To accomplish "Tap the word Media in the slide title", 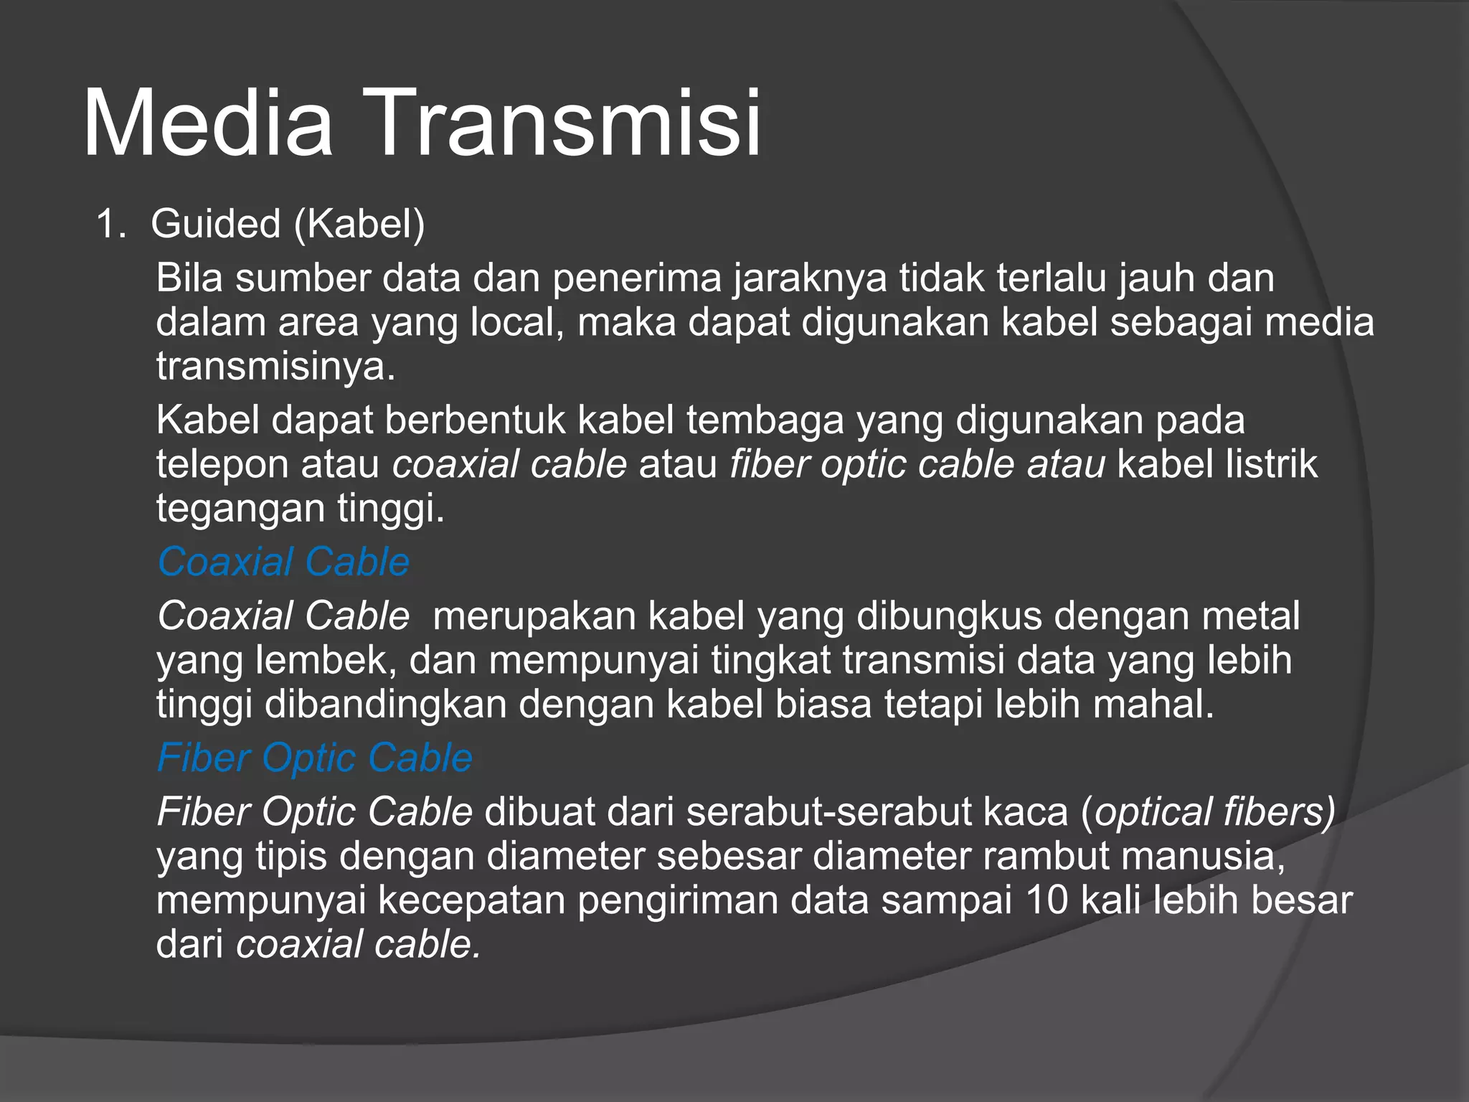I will coord(208,123).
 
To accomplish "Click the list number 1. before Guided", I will coord(110,224).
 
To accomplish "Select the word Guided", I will coord(215,224).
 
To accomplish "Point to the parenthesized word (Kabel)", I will coord(359,224).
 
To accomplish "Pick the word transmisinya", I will coord(275,367).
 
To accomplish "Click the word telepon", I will coord(222,464).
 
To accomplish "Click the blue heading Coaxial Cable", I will coord(283,562).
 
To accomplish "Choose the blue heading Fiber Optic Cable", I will coord(314,758).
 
